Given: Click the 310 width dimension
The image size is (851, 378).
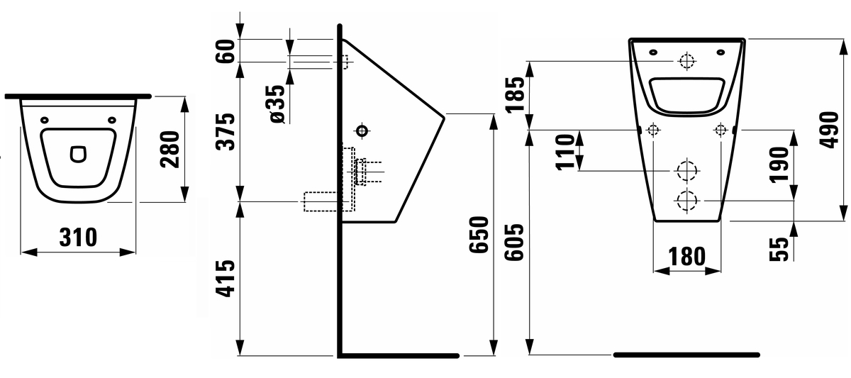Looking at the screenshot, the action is [x=78, y=238].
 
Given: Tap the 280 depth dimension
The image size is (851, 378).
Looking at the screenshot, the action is [x=169, y=149].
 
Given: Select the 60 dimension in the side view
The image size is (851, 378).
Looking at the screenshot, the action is [x=226, y=51].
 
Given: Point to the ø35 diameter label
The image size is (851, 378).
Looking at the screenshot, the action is [x=278, y=104].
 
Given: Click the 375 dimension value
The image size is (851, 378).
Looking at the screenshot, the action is [x=226, y=131].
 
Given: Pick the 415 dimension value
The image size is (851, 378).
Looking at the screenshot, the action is [x=226, y=278].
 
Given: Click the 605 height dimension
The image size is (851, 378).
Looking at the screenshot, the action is [x=514, y=242].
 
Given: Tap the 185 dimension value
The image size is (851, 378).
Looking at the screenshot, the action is [x=515, y=94].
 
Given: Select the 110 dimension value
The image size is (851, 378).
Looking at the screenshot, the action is [x=565, y=152].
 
